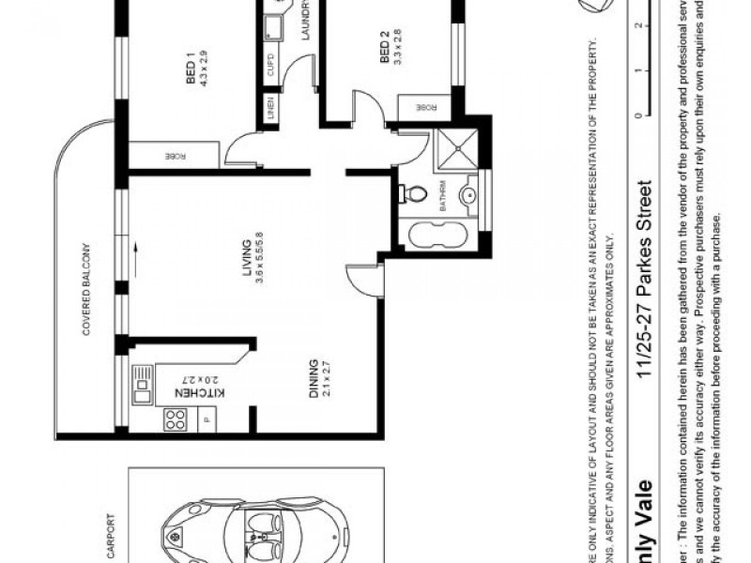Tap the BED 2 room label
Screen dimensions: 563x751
click(385, 49)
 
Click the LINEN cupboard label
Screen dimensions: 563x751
click(269, 110)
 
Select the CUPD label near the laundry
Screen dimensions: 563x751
click(270, 68)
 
